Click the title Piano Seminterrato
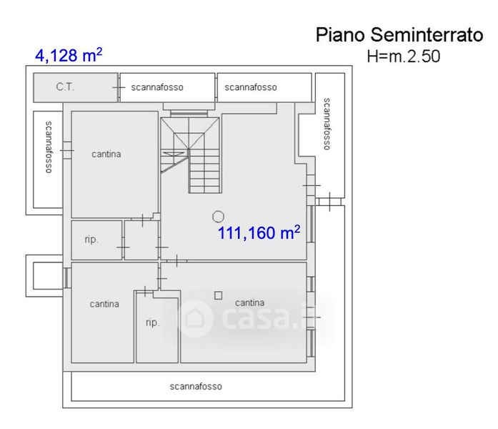click(x=399, y=36)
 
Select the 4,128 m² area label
click(x=68, y=55)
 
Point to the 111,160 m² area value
click(x=259, y=232)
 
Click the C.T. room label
click(x=66, y=87)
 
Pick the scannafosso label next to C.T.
click(x=157, y=87)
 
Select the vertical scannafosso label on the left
click(x=49, y=147)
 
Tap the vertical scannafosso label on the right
click(x=327, y=124)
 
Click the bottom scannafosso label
click(x=196, y=386)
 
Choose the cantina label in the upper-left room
click(x=106, y=154)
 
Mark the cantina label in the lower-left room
click(x=104, y=304)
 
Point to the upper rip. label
click(x=91, y=240)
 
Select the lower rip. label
click(x=152, y=322)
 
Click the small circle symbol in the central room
click(x=218, y=215)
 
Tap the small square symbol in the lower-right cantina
click(x=219, y=295)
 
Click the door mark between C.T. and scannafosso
click(x=117, y=87)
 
